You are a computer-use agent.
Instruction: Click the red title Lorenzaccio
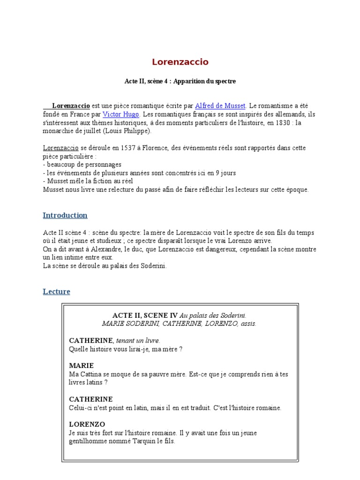click(x=180, y=62)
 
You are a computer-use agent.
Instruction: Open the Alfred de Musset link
click(x=220, y=106)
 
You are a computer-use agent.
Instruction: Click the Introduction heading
click(x=65, y=216)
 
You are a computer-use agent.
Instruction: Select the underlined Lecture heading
click(x=56, y=292)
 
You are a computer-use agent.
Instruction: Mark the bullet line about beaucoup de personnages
click(x=82, y=165)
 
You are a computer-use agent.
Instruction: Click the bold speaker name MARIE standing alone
click(x=82, y=366)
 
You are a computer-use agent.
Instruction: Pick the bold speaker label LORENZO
click(x=87, y=424)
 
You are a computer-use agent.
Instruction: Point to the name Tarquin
click(x=141, y=442)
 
